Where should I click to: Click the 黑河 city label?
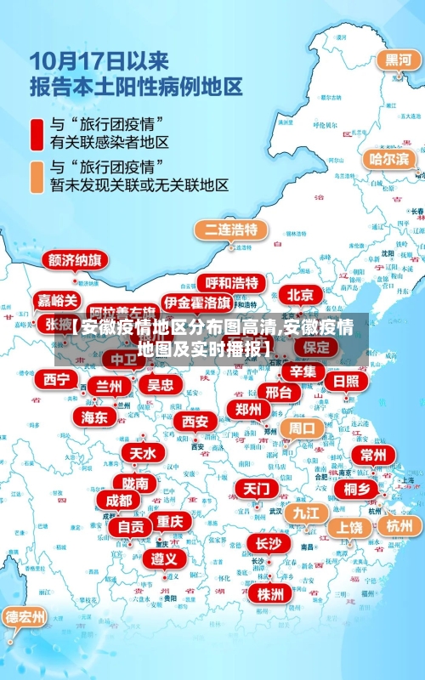[398, 60]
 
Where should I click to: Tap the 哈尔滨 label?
[388, 159]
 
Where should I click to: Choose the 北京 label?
[300, 295]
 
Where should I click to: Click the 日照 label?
[346, 381]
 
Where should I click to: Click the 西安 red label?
[195, 421]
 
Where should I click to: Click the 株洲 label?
[270, 593]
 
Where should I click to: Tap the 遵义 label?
[164, 558]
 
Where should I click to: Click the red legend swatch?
[37, 132]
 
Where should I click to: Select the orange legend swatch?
[37, 175]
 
